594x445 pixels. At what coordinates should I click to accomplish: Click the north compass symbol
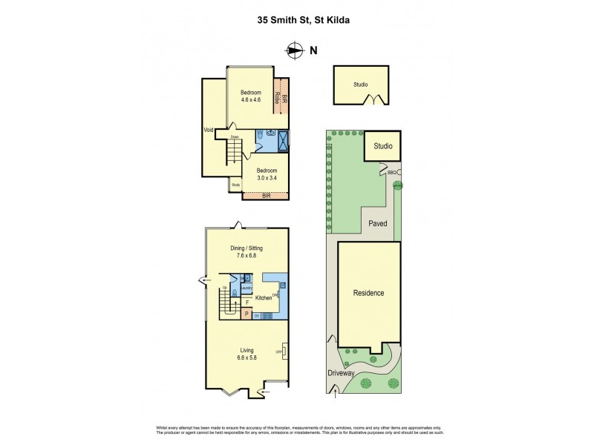(x=296, y=50)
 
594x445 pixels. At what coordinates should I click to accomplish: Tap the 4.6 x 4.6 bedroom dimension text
(x=251, y=99)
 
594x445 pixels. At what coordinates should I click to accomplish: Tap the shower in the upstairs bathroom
(x=282, y=140)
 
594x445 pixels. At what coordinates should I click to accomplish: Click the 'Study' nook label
(x=235, y=185)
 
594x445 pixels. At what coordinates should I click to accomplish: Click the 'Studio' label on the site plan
(x=383, y=146)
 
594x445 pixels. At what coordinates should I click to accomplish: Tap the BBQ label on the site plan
(x=391, y=173)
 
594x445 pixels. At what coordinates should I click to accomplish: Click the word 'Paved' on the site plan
(x=379, y=222)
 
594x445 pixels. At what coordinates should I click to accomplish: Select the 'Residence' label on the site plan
(x=368, y=293)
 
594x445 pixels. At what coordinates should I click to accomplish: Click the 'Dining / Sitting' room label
(x=247, y=248)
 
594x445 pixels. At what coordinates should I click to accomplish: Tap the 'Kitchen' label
(x=264, y=298)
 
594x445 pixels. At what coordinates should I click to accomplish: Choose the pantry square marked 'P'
(x=247, y=314)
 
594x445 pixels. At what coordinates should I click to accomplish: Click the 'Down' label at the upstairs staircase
(x=234, y=137)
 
